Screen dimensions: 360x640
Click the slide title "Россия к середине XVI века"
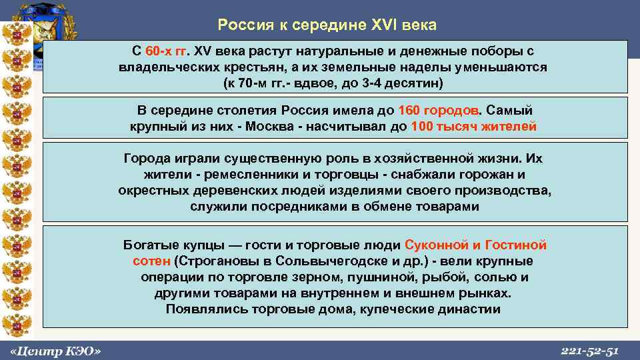327,25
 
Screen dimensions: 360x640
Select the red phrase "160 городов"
438,110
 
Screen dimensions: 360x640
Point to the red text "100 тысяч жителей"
474,127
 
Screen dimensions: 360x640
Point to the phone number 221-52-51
591,351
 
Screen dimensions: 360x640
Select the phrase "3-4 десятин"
404,85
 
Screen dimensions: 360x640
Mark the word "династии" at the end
469,309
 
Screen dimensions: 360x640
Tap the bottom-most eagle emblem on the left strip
15,326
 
